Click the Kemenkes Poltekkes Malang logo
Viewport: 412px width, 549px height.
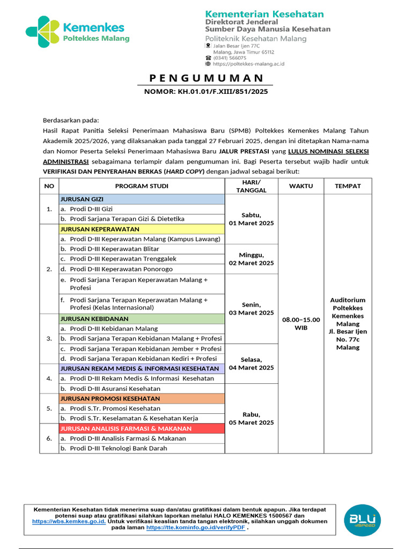tap(77, 32)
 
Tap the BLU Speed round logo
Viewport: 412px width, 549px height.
tap(363, 519)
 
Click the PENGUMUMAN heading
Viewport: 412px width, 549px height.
tap(207, 78)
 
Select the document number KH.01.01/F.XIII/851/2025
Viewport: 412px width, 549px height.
tap(206, 92)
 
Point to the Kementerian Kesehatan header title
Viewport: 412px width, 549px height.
tap(264, 14)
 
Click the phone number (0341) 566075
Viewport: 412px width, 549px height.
tap(230, 58)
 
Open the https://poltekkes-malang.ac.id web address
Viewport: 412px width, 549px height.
tap(248, 64)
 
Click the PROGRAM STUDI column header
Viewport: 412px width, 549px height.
tap(142, 186)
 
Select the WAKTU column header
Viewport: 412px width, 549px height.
tap(301, 186)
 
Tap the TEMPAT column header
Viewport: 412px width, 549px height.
tap(348, 186)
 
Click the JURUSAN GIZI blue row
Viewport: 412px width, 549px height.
tap(142, 199)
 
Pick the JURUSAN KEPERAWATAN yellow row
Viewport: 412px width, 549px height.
tap(142, 229)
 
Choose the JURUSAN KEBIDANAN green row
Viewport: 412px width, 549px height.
tap(142, 318)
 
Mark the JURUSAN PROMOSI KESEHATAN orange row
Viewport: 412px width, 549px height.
tap(142, 399)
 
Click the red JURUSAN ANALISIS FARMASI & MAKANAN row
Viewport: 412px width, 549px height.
tap(142, 429)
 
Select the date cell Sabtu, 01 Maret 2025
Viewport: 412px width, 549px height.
tap(251, 219)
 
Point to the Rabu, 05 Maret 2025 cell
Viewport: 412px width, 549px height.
tap(251, 418)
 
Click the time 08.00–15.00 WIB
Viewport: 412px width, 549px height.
tap(301, 323)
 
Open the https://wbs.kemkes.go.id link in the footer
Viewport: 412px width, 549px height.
tap(69, 521)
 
